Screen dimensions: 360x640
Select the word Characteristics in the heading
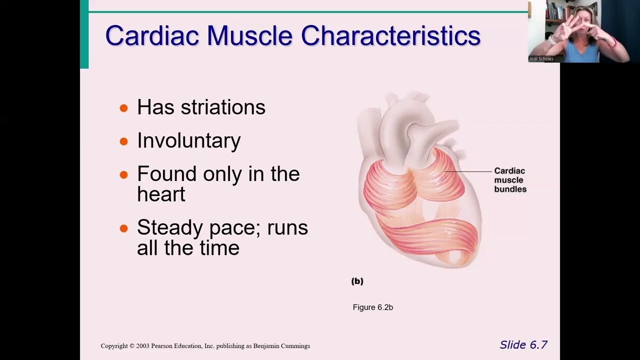[390, 36]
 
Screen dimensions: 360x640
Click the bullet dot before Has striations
[124, 108]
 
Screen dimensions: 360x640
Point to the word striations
[222, 107]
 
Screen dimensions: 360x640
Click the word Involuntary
[188, 141]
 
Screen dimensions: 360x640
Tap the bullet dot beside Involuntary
[124, 142]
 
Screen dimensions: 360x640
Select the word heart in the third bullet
[161, 194]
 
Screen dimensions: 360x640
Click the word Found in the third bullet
[166, 174]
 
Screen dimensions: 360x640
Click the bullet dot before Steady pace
[124, 229]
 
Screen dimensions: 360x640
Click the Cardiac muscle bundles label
[510, 180]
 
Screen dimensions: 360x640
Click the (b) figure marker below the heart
[357, 281]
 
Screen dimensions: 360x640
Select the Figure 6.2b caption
[372, 307]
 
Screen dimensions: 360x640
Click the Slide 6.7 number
[523, 345]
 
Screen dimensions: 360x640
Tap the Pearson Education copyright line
[205, 346]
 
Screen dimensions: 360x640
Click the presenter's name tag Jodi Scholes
[541, 59]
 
